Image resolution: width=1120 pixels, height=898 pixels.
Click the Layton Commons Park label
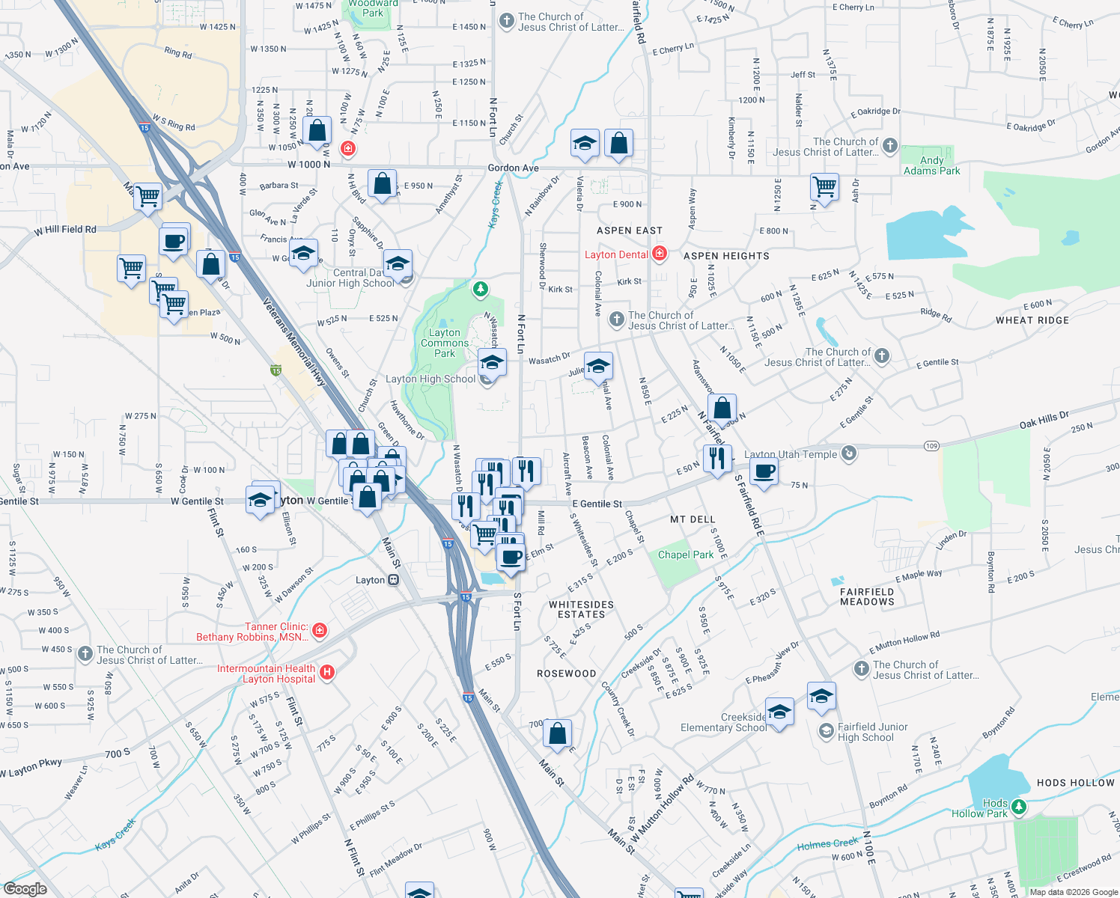click(x=445, y=343)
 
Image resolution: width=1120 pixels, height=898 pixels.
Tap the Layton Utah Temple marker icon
click(x=849, y=453)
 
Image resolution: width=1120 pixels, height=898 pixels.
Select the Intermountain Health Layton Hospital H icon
click(x=326, y=673)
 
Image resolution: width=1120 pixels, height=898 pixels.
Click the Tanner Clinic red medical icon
click(x=320, y=631)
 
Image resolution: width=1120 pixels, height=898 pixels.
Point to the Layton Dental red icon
click(x=659, y=254)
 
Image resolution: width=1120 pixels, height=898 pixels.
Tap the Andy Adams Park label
click(x=931, y=165)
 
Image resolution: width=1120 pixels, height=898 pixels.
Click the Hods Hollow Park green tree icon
click(x=1018, y=807)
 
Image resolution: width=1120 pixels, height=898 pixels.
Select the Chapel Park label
click(x=685, y=555)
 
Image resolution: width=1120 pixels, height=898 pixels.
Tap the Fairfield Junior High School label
click(x=872, y=732)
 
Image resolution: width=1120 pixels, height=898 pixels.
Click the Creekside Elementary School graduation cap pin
click(x=779, y=712)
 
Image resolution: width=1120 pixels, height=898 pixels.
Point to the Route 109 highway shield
click(x=931, y=446)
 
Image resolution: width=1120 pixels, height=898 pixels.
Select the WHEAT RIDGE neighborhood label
click(x=1032, y=320)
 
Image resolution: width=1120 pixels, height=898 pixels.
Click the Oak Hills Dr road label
click(x=1044, y=420)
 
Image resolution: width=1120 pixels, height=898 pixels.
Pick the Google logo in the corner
click(x=25, y=888)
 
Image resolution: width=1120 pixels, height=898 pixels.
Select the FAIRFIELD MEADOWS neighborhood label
click(x=867, y=596)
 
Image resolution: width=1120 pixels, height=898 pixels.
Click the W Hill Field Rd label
click(x=65, y=230)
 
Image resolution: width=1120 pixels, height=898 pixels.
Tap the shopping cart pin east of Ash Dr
click(x=824, y=186)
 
